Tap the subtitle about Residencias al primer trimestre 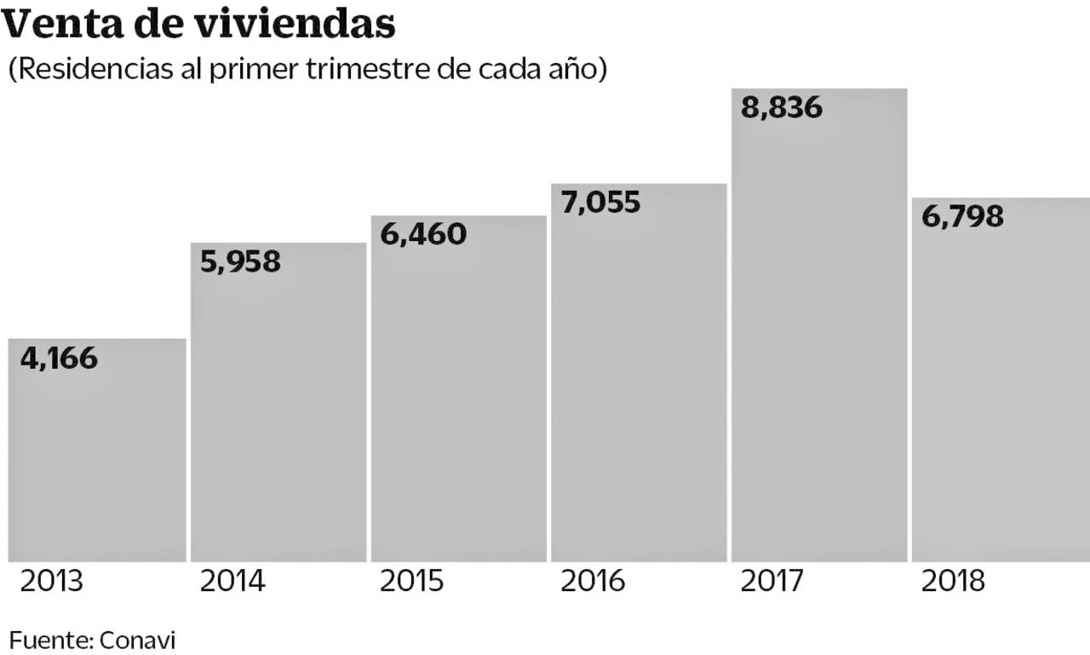[307, 69]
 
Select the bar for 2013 [97, 460]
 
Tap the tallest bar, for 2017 [819, 341]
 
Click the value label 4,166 [59, 358]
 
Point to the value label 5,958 [240, 261]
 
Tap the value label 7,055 [601, 203]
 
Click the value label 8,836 [782, 108]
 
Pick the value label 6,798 [963, 216]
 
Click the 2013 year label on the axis [51, 582]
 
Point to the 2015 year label [412, 582]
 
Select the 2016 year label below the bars [593, 582]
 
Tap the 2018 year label [954, 582]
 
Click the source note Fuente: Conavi [92, 640]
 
